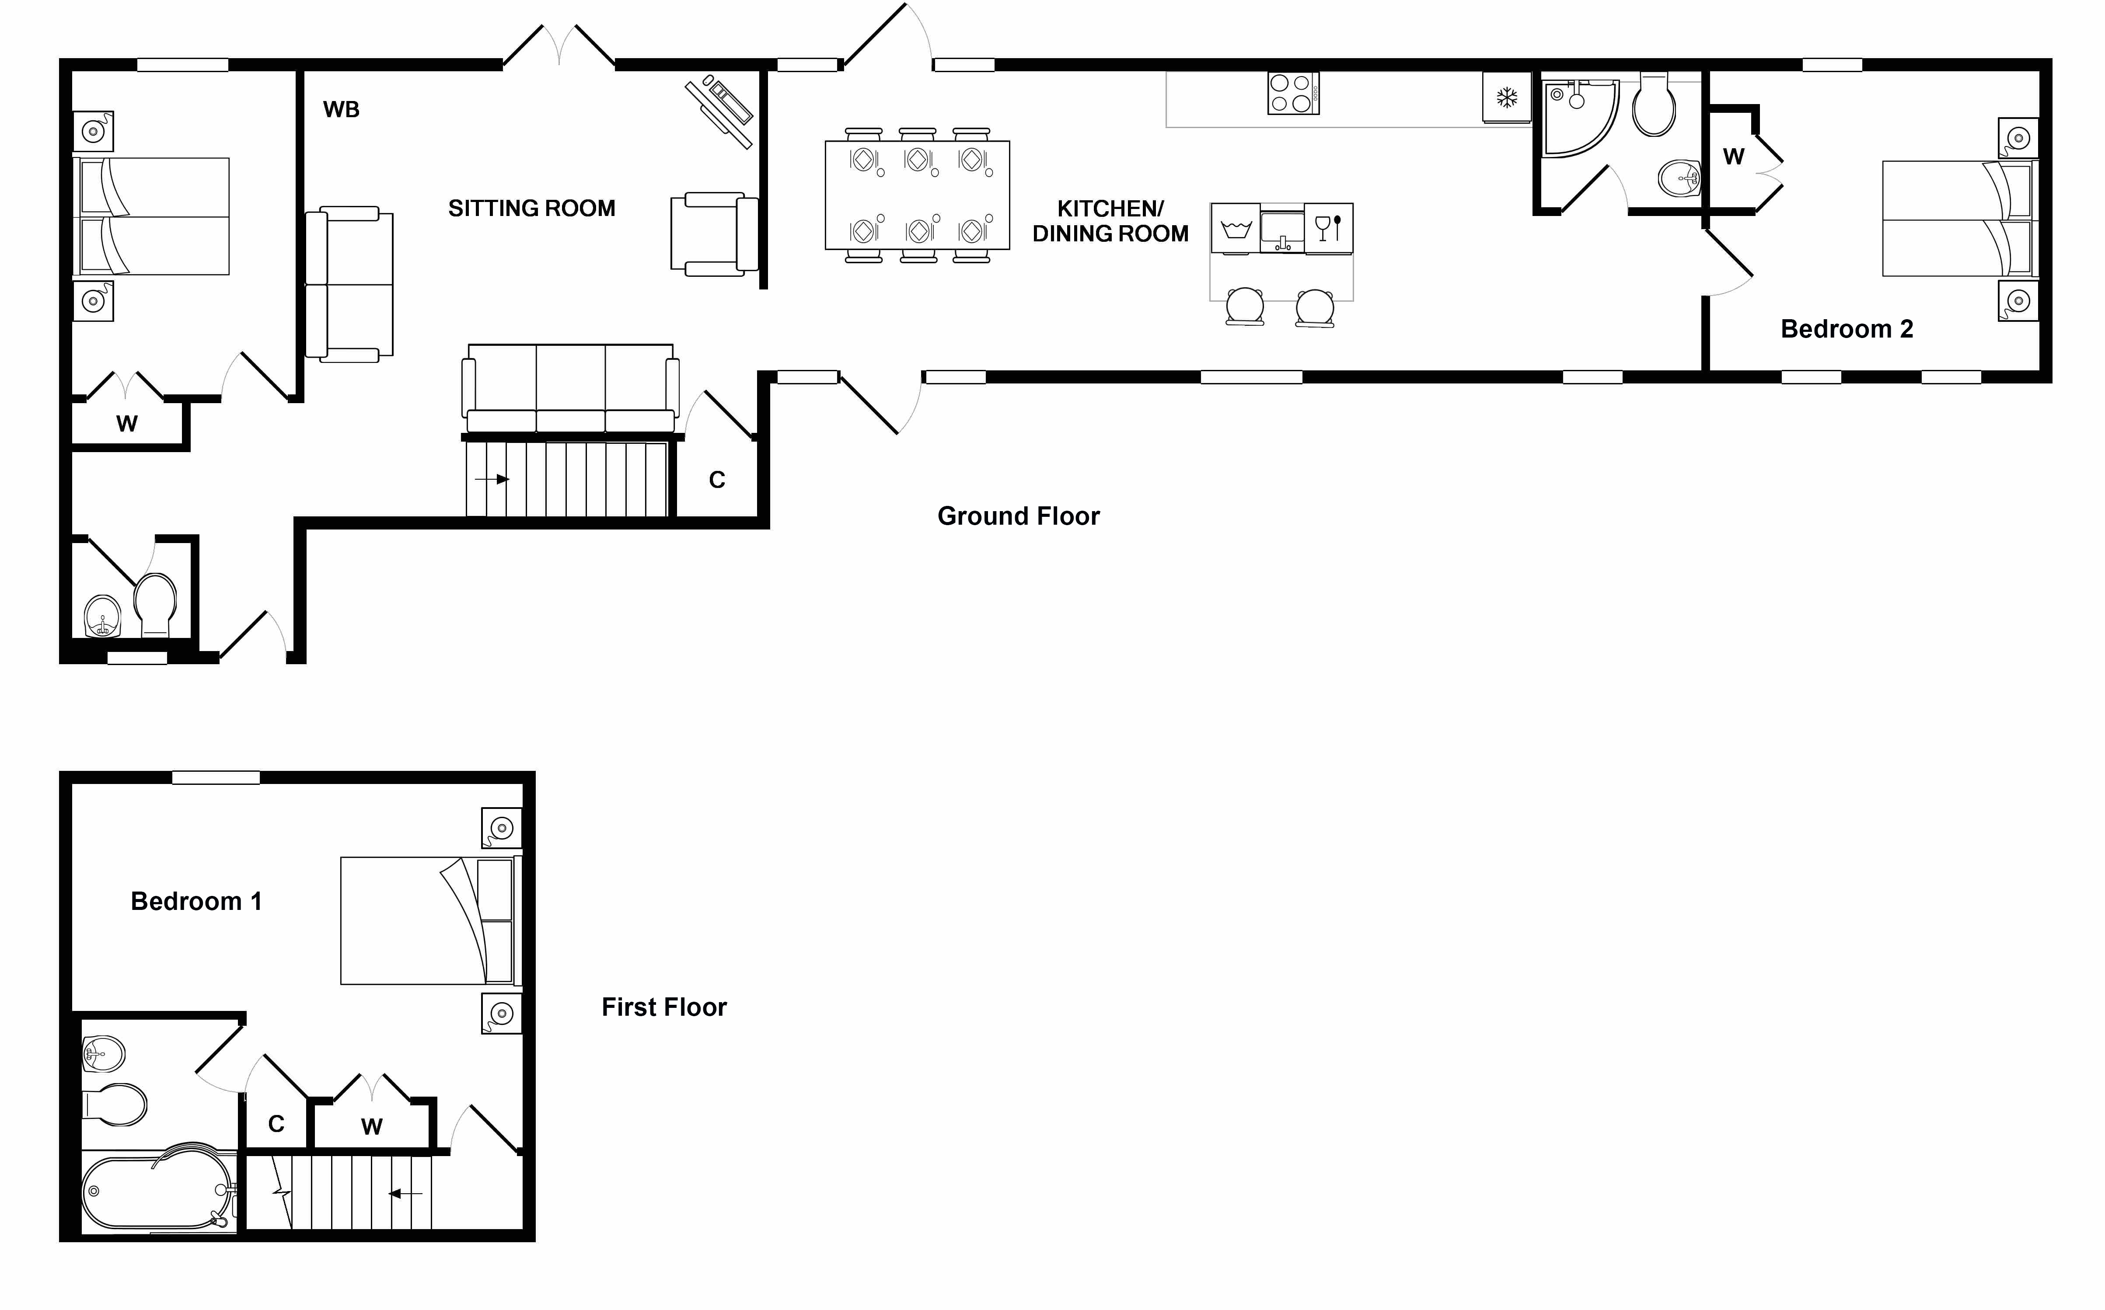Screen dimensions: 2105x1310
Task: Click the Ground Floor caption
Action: (1018, 516)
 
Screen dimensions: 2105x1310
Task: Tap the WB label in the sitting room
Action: (342, 109)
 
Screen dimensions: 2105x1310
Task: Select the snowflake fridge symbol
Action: (1507, 97)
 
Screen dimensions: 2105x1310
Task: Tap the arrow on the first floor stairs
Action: (405, 1194)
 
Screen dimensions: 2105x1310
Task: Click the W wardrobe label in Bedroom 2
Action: (1733, 157)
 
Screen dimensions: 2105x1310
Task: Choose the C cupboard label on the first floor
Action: (276, 1124)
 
